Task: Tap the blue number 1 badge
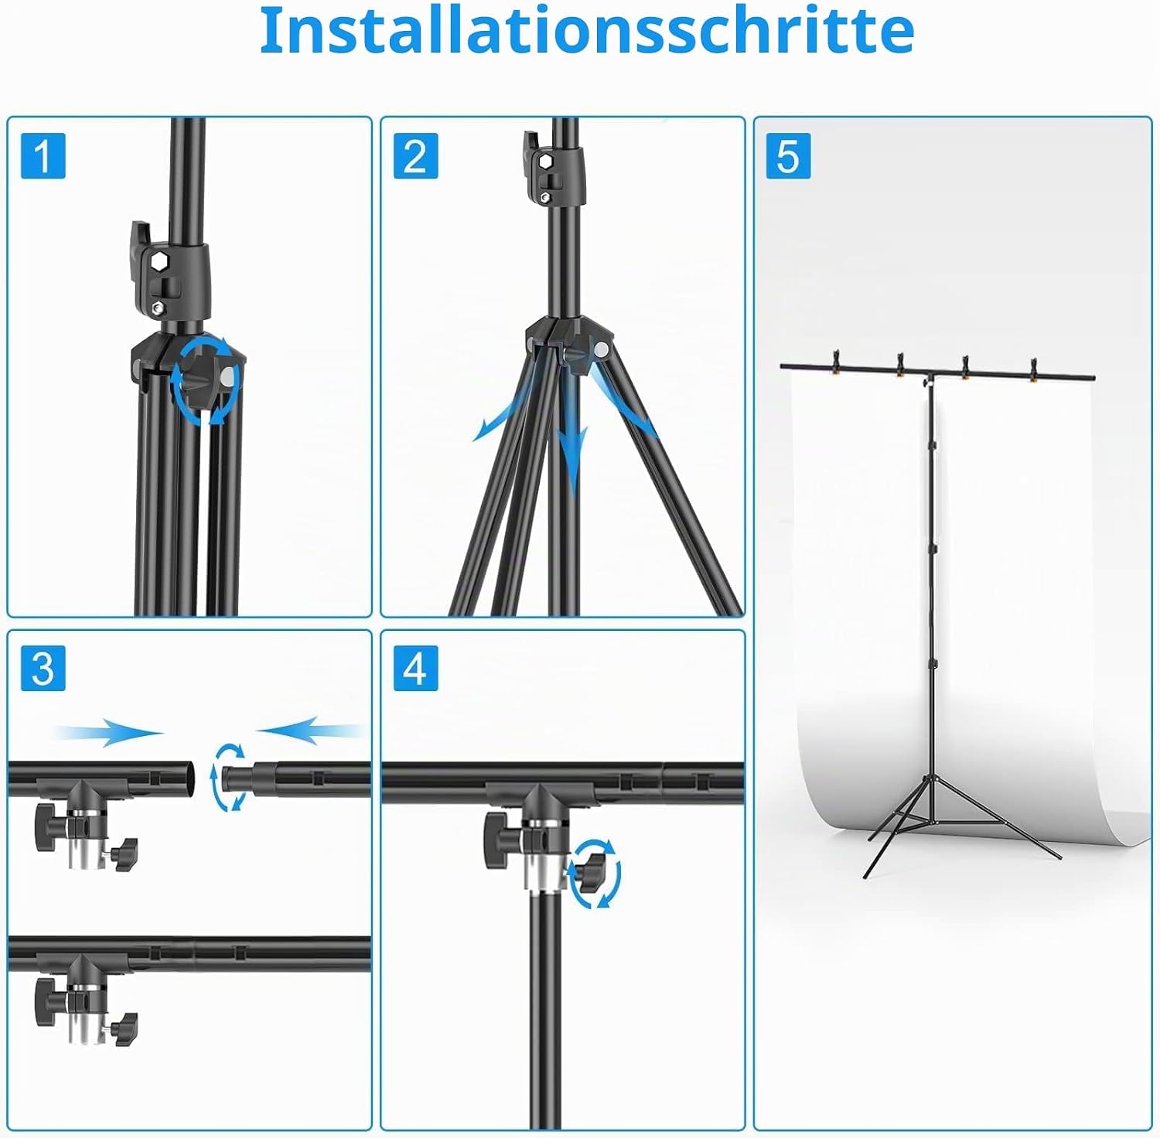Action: pyautogui.click(x=43, y=155)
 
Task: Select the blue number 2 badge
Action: pyautogui.click(x=416, y=155)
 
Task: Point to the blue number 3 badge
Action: pyautogui.click(x=43, y=668)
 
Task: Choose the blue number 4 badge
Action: pyautogui.click(x=416, y=668)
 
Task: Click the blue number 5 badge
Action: pyautogui.click(x=788, y=155)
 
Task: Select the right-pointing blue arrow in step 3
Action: pyautogui.click(x=108, y=731)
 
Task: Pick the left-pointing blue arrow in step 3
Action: pyautogui.click(x=309, y=730)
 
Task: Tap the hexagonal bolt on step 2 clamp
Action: pyautogui.click(x=545, y=161)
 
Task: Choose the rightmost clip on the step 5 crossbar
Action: pyautogui.click(x=1034, y=370)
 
